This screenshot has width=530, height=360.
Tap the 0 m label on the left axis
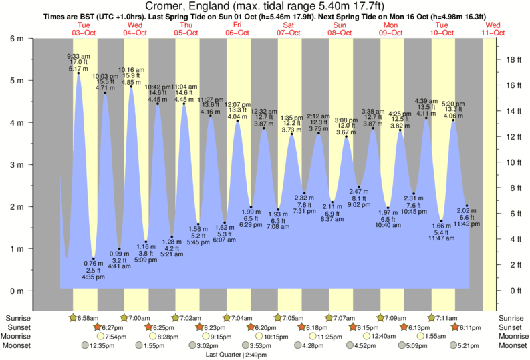[x=15, y=291]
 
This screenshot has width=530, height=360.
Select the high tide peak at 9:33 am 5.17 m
[x=79, y=73]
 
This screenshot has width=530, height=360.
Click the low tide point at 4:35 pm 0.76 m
[x=94, y=259]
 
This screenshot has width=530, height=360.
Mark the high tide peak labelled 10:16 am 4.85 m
[x=131, y=87]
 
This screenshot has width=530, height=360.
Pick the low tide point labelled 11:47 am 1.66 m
[x=441, y=221]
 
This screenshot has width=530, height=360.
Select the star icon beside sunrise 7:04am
[x=227, y=317]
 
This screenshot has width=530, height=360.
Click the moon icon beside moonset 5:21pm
[x=454, y=345]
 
